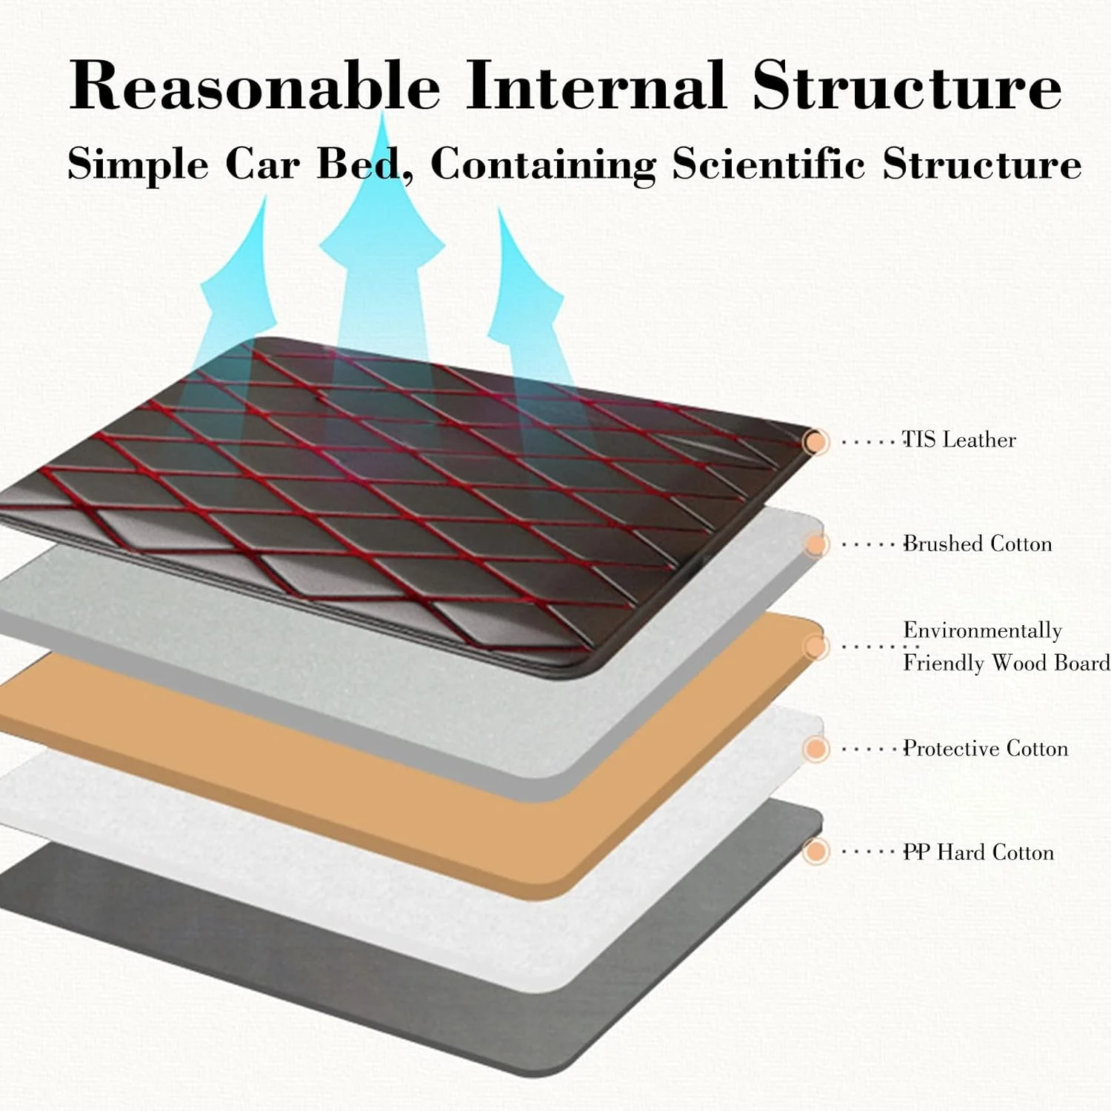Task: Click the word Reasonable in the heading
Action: pos(255,85)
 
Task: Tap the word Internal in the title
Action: pos(595,85)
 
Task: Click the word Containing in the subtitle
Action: pos(544,164)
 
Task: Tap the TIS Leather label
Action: pos(958,440)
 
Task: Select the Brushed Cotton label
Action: pos(977,544)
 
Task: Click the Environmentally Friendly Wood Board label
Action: pos(1005,647)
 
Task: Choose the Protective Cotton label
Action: pos(985,749)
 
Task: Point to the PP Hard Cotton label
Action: pos(978,853)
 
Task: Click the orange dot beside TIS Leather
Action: pos(815,442)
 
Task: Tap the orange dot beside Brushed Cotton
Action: pos(815,545)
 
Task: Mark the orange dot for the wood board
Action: pos(815,647)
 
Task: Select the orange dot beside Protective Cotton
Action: pos(815,749)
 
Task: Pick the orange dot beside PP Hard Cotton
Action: pos(815,852)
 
